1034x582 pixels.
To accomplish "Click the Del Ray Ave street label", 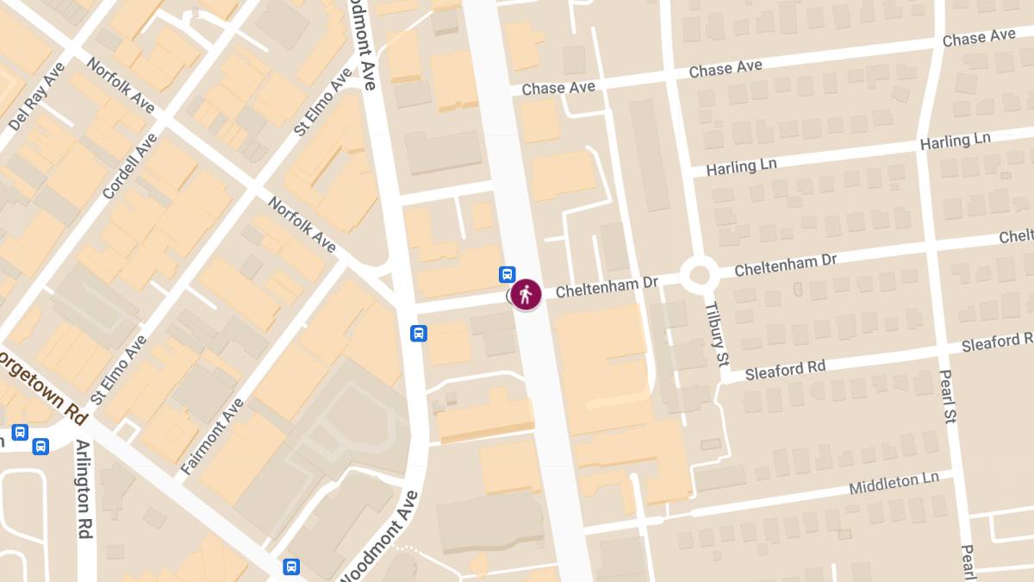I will [x=36, y=96].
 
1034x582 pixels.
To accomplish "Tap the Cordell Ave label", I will [x=129, y=166].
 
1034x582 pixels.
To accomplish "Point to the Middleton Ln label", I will [x=894, y=484].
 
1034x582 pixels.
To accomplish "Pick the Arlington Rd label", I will [x=84, y=489].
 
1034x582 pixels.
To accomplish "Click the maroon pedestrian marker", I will [x=526, y=294].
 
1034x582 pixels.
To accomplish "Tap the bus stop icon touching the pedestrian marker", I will [x=508, y=275].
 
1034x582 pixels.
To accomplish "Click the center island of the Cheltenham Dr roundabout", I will [x=699, y=276].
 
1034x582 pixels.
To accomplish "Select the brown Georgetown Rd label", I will [x=43, y=385].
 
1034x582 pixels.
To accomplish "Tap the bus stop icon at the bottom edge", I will [x=292, y=566].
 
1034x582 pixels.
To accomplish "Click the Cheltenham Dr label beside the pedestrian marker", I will [x=607, y=286].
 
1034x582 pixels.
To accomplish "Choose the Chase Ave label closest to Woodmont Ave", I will [x=558, y=88].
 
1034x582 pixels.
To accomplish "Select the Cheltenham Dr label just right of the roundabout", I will [x=785, y=265].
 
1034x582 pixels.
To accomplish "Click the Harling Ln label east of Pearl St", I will [x=956, y=141].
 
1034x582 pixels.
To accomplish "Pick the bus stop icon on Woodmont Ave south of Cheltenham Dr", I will [x=419, y=333].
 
